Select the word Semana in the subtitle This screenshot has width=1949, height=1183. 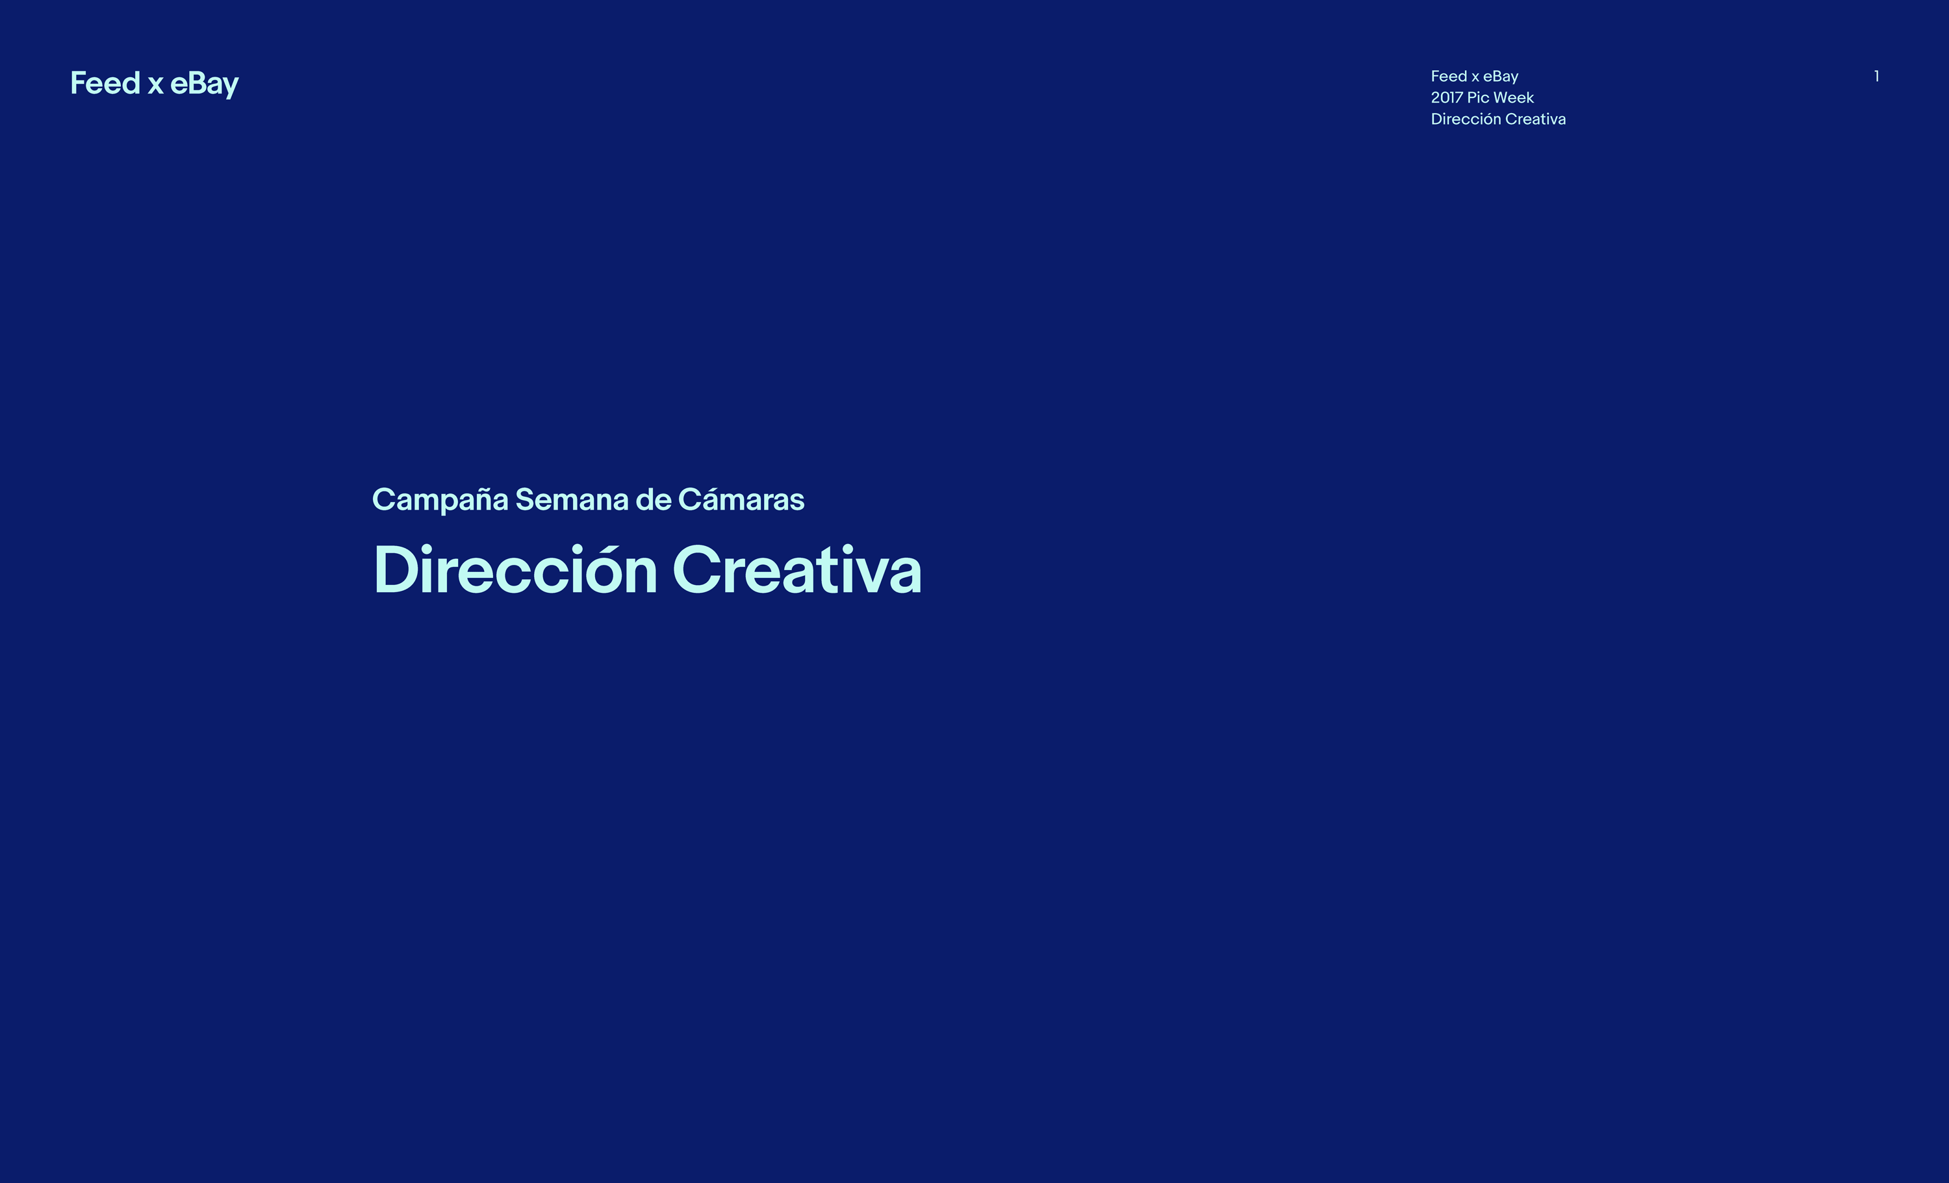click(572, 500)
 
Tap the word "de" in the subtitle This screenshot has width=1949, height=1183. click(654, 499)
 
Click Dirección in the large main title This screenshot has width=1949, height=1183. click(515, 569)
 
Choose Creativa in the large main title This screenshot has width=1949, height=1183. click(796, 569)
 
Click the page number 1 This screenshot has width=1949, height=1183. click(1876, 76)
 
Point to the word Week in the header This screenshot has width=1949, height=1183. click(1514, 97)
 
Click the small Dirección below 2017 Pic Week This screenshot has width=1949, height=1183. click(1466, 119)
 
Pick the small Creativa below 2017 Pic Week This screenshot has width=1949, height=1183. click(1535, 119)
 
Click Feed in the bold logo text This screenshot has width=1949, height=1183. click(105, 83)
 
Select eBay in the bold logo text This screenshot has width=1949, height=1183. click(204, 84)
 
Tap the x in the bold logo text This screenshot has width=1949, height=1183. click(155, 86)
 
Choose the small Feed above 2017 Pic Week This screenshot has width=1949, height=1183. click(1449, 76)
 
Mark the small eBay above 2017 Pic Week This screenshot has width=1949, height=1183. click(1501, 77)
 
